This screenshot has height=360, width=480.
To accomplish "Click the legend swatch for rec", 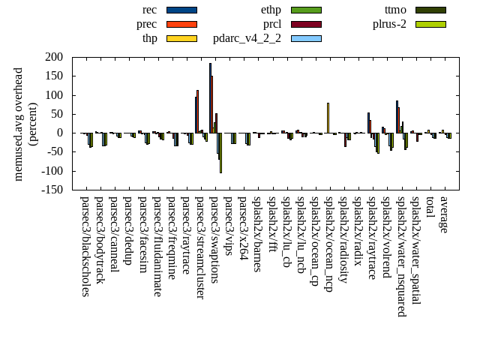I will point(181,10).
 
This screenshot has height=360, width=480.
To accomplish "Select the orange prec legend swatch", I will point(181,24).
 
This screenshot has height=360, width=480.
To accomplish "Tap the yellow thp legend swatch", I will point(181,38).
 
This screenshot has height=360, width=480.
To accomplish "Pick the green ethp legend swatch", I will point(306,10).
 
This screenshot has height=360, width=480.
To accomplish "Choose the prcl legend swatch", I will point(306,24).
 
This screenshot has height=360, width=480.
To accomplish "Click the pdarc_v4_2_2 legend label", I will point(247,38).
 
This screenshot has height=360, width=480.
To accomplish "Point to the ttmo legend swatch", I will point(430,10).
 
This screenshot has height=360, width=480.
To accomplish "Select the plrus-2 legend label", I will point(389,24).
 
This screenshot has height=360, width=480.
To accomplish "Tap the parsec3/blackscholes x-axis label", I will point(85,247).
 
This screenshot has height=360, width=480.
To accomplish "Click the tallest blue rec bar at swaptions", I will point(210,97).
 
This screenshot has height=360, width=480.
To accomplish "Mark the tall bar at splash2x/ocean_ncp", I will point(328,118).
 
